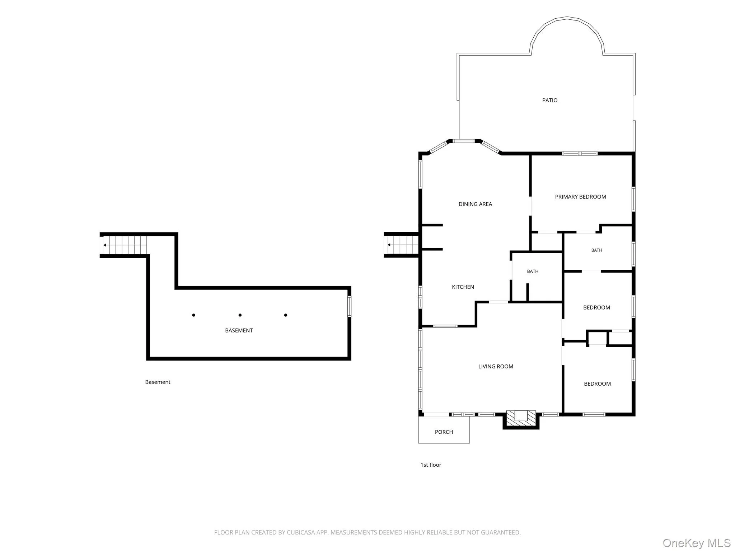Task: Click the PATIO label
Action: [x=549, y=100]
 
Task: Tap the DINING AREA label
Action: [x=475, y=204]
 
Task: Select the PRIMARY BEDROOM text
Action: [x=580, y=197]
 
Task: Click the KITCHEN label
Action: [x=463, y=287]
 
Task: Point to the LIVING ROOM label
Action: [x=496, y=366]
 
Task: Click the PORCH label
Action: [x=444, y=432]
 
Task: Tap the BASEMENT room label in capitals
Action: [x=239, y=330]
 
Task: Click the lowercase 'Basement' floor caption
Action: [x=158, y=382]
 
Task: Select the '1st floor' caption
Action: [x=431, y=465]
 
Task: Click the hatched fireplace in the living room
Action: [x=521, y=418]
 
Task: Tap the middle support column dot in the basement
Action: [x=240, y=315]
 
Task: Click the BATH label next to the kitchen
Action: [x=533, y=271]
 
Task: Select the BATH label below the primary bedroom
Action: [x=596, y=250]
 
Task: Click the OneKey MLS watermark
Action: [x=697, y=543]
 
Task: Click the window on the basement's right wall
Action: [x=349, y=306]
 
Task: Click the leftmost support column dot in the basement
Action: [x=193, y=315]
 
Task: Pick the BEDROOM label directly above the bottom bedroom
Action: [x=596, y=307]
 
